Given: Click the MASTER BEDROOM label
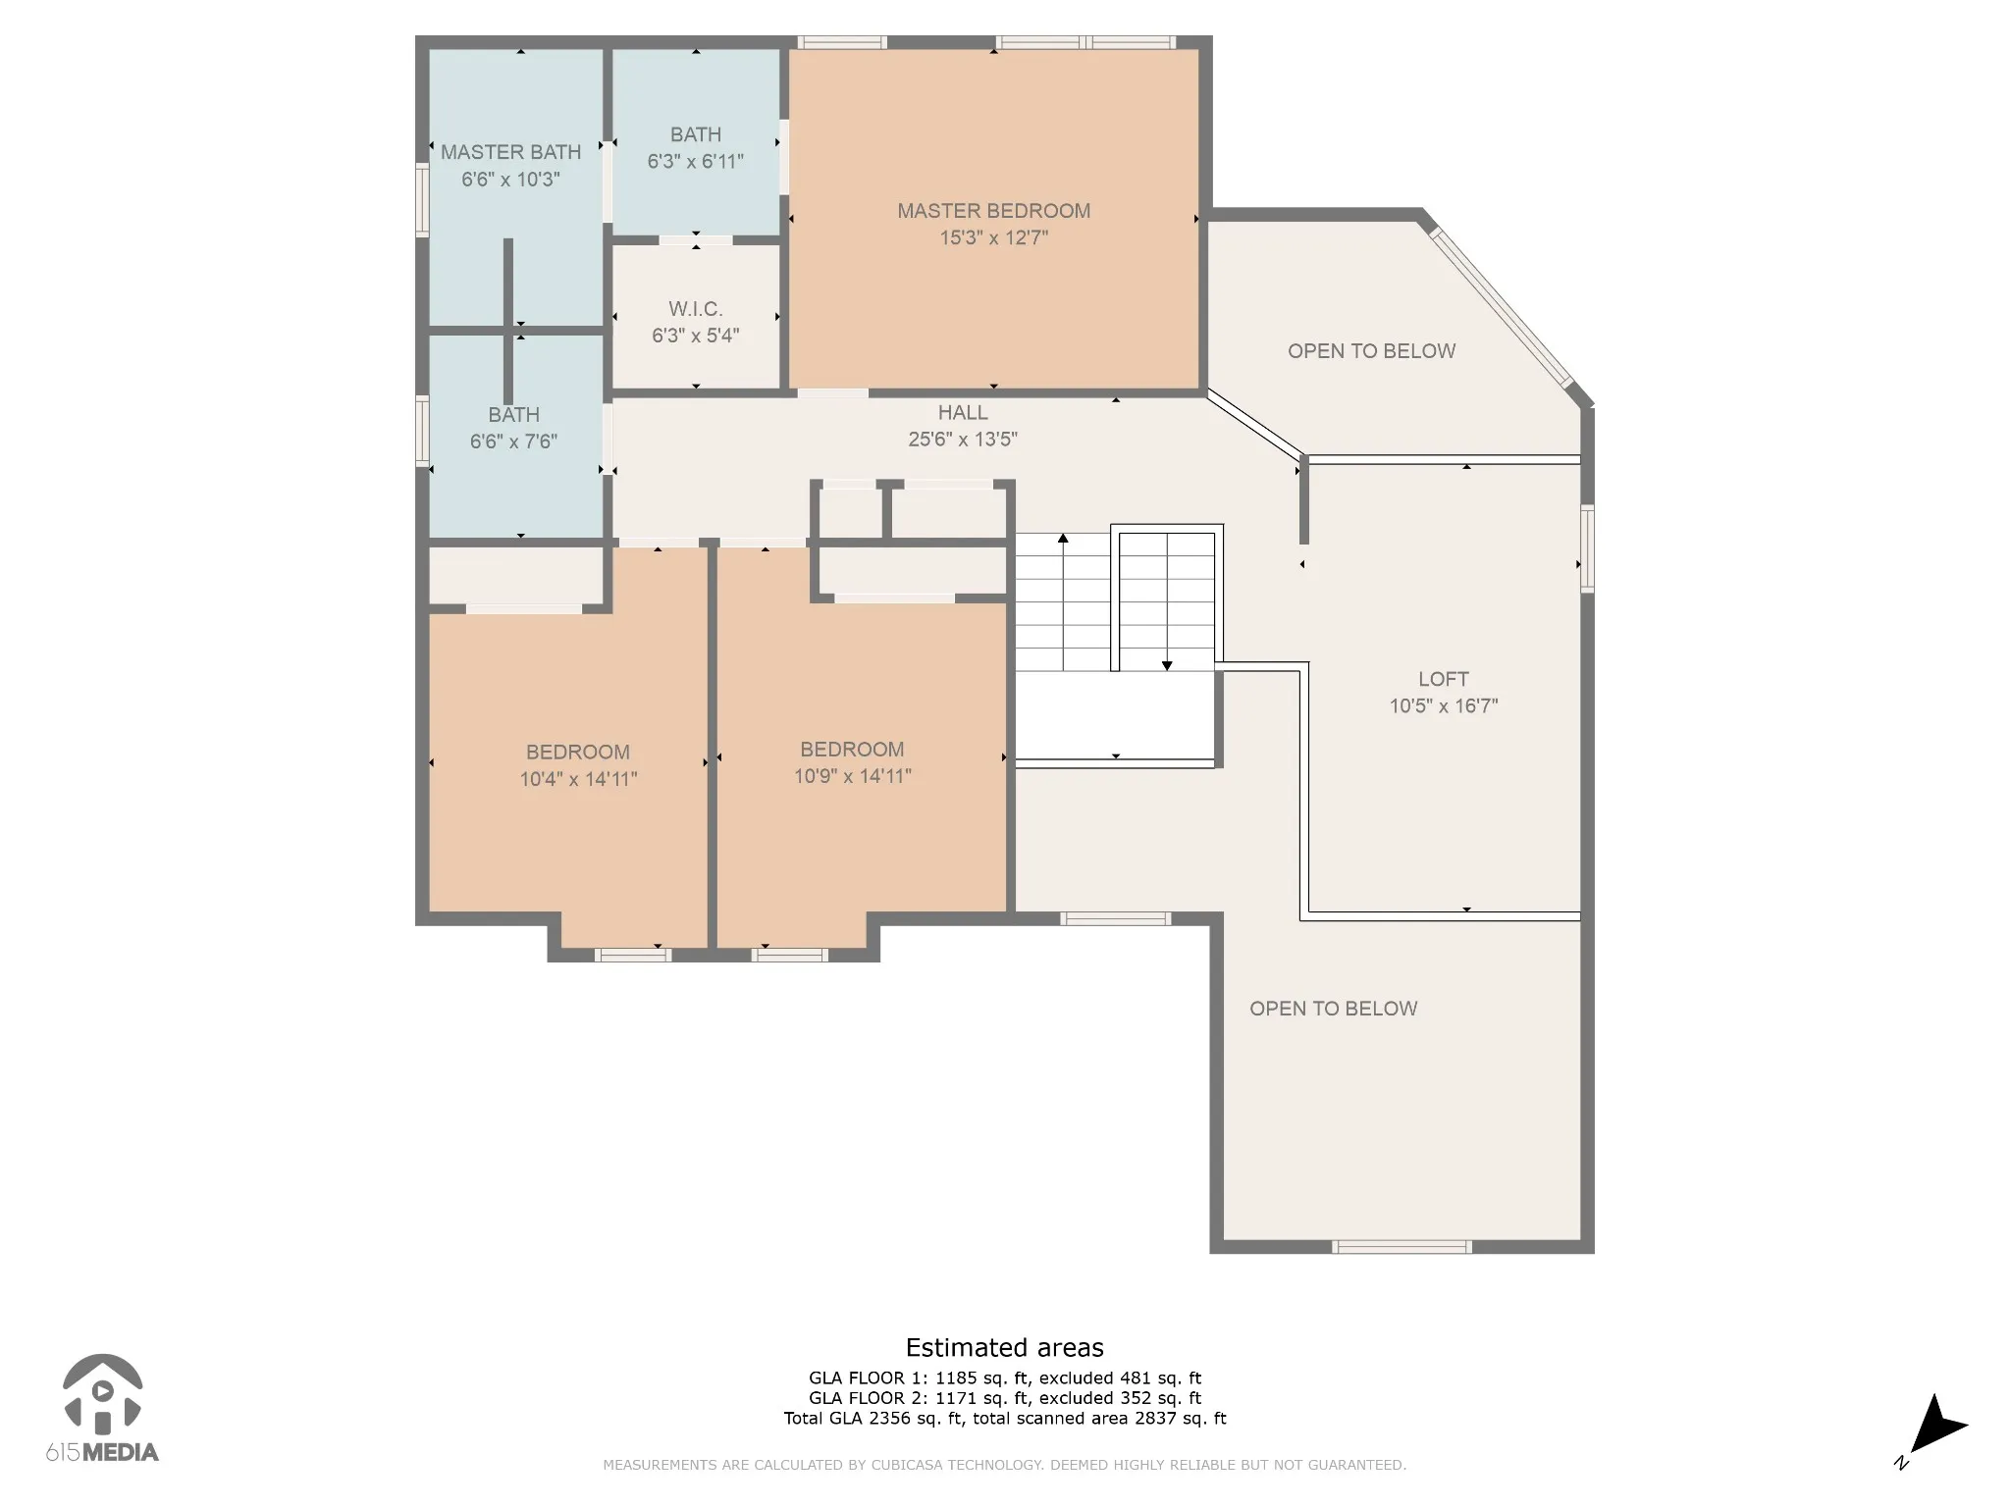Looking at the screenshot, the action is point(993,211).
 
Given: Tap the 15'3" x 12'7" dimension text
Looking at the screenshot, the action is point(994,237).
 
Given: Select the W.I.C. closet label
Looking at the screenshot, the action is point(696,309).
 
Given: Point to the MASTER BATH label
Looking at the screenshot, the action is point(510,152).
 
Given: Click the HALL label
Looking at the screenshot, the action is point(963,413).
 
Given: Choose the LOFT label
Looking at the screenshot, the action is point(1444,679).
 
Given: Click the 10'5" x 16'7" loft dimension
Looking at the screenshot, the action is point(1444,705).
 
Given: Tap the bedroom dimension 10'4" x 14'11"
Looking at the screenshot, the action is point(578,779).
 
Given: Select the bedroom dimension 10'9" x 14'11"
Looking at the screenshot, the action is point(852,776).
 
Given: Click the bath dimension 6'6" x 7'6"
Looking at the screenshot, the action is point(513,442).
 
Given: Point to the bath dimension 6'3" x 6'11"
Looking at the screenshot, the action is point(696,161).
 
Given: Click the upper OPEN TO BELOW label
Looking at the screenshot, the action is point(1371,351).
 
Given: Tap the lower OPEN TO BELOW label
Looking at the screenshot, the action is point(1333,1009).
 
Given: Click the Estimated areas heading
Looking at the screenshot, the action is point(1004,1347).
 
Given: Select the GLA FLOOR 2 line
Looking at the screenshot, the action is point(1004,1398).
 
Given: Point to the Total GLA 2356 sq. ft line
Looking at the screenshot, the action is point(1004,1418).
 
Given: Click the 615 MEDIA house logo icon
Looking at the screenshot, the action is point(103,1393).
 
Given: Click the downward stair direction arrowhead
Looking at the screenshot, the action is point(1167,666).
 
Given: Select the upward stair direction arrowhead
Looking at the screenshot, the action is point(1063,538).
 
